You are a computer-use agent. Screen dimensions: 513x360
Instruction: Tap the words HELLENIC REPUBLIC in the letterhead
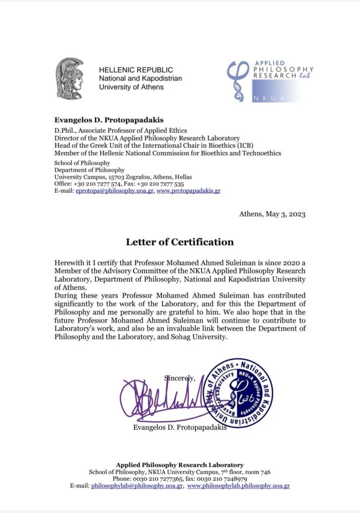(x=136, y=70)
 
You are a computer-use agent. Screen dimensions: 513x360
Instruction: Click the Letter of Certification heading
(x=179, y=242)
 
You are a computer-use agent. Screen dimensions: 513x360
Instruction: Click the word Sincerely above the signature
(x=179, y=377)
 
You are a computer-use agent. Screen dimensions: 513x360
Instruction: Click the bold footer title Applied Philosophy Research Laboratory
(x=179, y=465)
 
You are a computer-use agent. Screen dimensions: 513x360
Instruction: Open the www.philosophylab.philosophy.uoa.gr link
(x=238, y=485)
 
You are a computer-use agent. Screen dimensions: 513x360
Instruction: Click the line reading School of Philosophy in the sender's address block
(x=82, y=163)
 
